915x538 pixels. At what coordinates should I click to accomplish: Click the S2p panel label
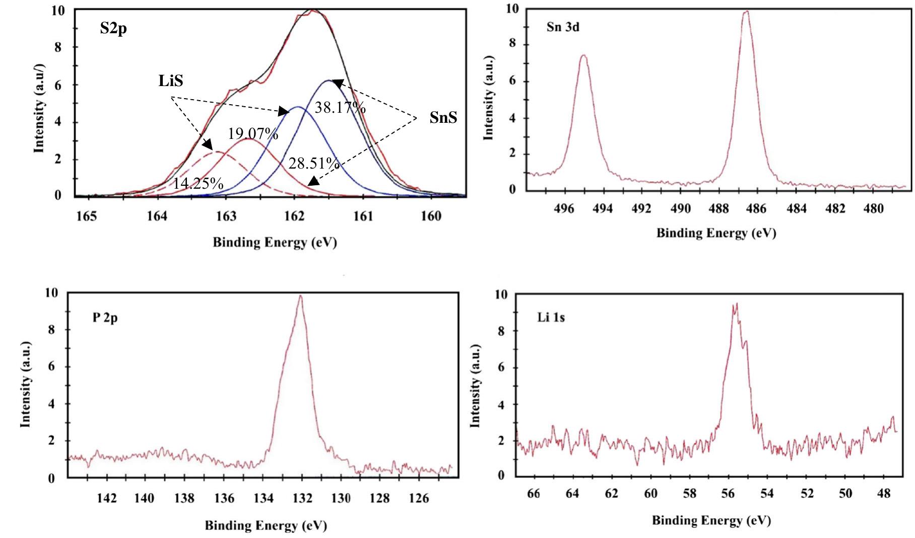pos(113,28)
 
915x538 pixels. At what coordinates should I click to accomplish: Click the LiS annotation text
pos(171,81)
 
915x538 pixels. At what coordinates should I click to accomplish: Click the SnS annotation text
pos(443,118)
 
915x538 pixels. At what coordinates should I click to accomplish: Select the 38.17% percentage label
pos(340,108)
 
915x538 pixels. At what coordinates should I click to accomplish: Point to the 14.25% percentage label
pos(198,183)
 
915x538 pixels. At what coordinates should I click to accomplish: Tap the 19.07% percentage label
pos(252,134)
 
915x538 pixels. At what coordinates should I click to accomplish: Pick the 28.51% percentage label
pos(313,163)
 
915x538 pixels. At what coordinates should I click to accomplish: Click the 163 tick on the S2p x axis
pos(226,216)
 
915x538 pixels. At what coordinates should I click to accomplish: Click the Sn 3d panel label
pos(563,27)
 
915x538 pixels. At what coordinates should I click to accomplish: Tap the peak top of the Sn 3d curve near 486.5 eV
pos(746,12)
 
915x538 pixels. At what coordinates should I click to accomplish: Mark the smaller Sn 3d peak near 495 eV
pos(583,55)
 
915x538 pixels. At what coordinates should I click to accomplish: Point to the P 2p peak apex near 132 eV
pos(301,296)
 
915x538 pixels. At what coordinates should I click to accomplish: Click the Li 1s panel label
pos(550,318)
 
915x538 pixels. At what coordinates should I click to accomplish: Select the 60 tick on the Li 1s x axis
pos(650,493)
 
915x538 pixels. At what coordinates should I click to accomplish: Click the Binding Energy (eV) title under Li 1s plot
pos(711,520)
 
